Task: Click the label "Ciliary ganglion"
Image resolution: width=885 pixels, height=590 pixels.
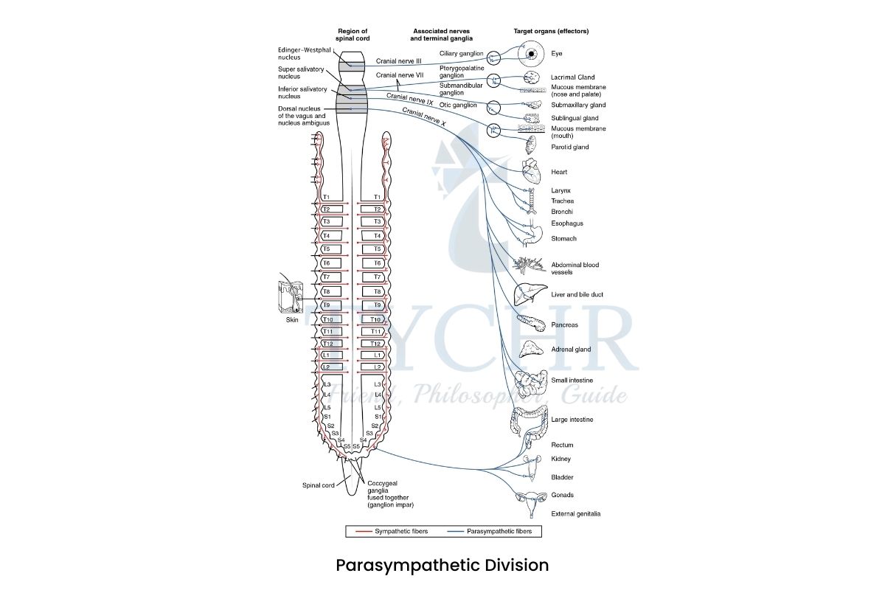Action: tap(461, 54)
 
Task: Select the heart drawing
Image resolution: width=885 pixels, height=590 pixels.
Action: tap(532, 173)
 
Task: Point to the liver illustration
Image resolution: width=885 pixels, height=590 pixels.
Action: tap(530, 293)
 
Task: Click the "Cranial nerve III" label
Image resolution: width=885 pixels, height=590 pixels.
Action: tap(398, 61)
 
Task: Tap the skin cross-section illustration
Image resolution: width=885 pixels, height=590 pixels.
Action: tap(293, 298)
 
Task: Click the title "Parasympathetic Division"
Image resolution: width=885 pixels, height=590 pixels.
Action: tap(442, 566)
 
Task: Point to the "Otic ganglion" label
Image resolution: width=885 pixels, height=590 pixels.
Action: tap(458, 105)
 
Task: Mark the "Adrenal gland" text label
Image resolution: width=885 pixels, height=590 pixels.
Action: tap(571, 350)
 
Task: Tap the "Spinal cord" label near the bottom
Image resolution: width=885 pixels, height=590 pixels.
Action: tap(319, 485)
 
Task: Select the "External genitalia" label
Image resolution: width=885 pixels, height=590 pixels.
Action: tap(575, 514)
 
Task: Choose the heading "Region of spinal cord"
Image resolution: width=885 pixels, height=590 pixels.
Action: tap(352, 35)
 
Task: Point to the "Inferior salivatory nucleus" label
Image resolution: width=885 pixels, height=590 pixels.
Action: tap(299, 92)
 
